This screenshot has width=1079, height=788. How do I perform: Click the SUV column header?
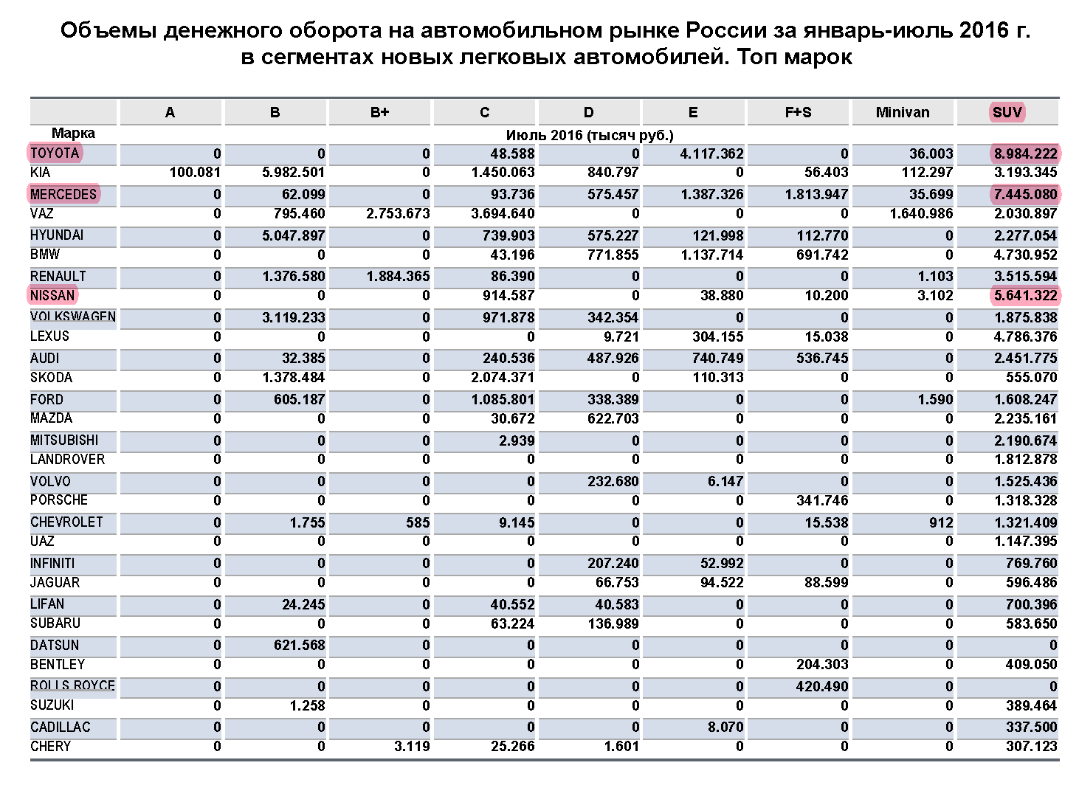1007,112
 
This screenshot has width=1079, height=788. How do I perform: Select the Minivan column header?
902,112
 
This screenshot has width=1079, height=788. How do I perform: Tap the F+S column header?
798,112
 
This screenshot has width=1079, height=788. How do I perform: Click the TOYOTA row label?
55,153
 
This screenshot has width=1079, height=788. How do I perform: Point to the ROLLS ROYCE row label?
72,685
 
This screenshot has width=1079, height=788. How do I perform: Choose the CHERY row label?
50,746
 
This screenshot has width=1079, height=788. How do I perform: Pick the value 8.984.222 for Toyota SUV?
1025,153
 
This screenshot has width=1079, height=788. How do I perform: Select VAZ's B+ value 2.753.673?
398,214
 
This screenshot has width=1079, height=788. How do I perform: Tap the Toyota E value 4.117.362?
711,153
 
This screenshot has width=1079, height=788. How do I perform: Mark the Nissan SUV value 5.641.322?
1025,296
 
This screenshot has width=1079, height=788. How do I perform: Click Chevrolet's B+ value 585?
417,522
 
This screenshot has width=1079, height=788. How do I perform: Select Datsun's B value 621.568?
299,645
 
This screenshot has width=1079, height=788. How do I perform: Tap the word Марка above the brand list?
73,134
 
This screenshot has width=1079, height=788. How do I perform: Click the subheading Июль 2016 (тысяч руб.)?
589,135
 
